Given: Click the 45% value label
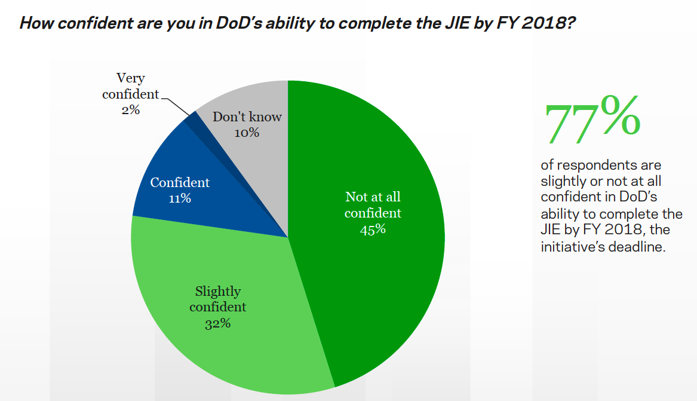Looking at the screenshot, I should [x=373, y=229].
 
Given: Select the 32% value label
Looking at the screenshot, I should [x=217, y=324].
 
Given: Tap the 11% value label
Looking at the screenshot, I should [x=180, y=198].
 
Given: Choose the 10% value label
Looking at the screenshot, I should [x=247, y=133].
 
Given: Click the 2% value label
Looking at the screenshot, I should [x=130, y=110].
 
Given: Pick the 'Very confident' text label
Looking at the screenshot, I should [x=131, y=86].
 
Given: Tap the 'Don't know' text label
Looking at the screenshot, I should [x=247, y=117].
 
